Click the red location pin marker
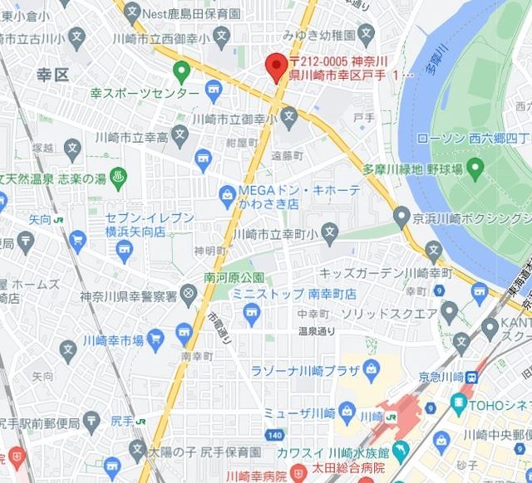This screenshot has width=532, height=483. point(275,66)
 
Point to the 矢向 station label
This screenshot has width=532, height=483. point(41,220)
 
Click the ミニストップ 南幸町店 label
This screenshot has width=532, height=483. point(282,294)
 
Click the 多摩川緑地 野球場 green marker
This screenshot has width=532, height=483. point(475,170)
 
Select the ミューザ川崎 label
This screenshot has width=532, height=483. point(299,413)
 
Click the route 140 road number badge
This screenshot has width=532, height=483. point(275,434)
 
